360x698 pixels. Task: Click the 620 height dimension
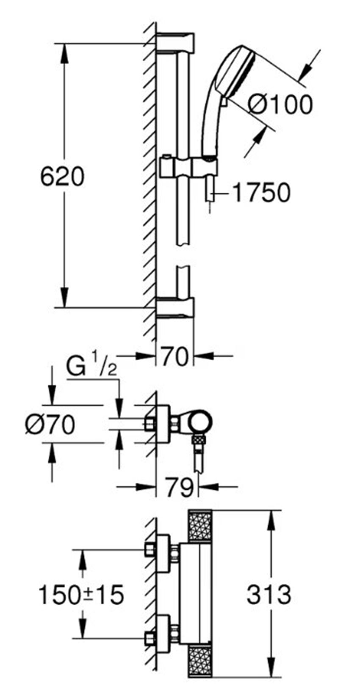pyautogui.click(x=62, y=177)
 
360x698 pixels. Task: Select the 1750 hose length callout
pyautogui.click(x=261, y=192)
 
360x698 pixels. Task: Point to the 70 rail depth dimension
pyautogui.click(x=174, y=357)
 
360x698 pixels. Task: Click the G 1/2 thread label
pyautogui.click(x=91, y=369)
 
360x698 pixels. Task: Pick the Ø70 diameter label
pyautogui.click(x=50, y=425)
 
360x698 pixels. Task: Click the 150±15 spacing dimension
pyautogui.click(x=81, y=595)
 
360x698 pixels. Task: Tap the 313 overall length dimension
pyautogui.click(x=269, y=595)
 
